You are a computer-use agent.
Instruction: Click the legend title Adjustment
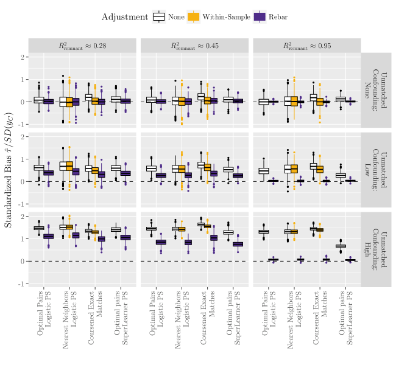tap(125, 17)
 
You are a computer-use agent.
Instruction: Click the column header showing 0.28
tap(82, 46)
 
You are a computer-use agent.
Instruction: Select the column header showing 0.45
tap(195, 46)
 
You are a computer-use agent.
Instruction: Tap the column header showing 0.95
tap(307, 46)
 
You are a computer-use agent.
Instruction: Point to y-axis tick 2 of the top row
tap(23, 57)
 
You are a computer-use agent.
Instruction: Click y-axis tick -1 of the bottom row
tap(21, 284)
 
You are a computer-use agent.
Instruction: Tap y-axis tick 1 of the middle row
tap(23, 159)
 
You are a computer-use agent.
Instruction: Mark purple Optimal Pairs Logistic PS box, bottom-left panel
tap(49, 236)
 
